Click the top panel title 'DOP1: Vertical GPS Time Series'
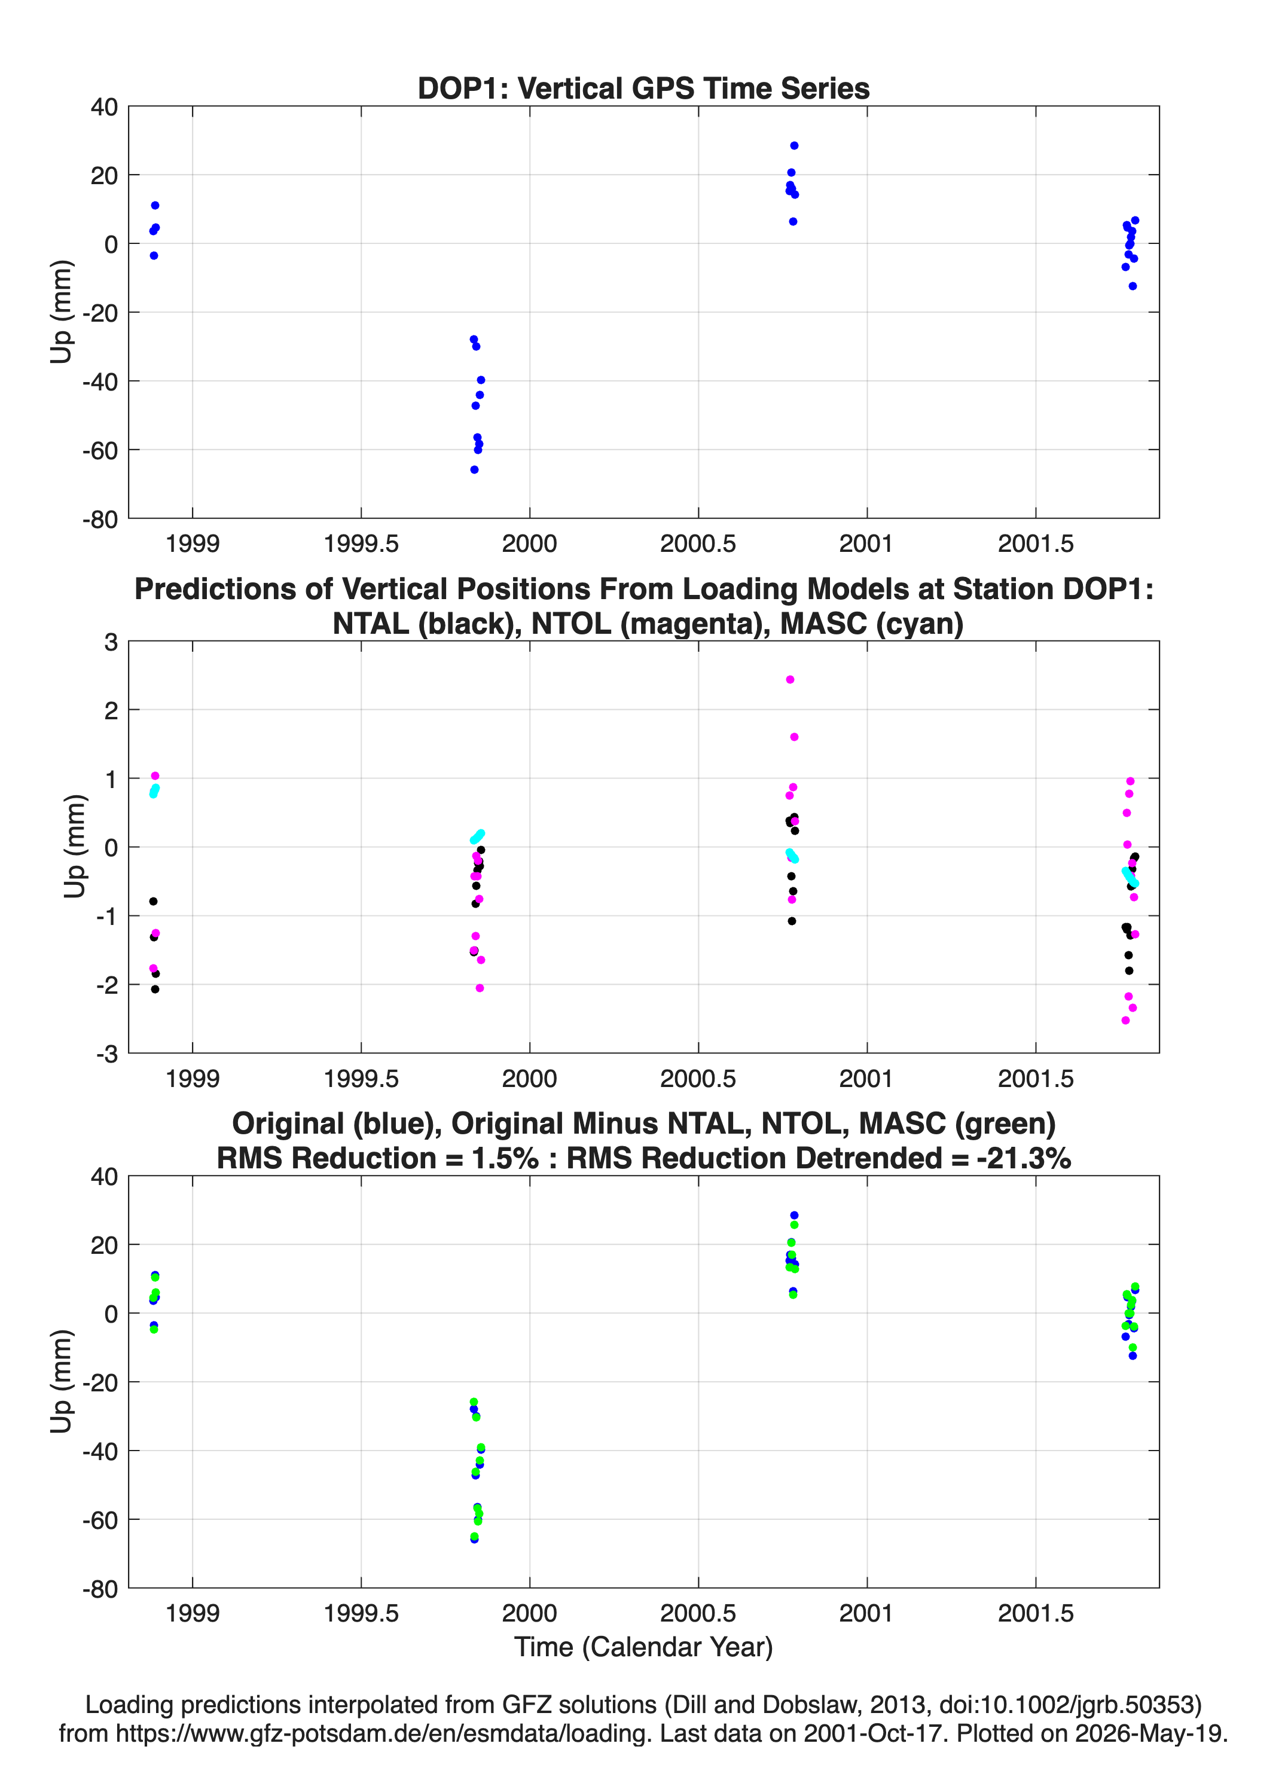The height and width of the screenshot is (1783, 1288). click(643, 88)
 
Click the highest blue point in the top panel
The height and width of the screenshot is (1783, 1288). click(794, 145)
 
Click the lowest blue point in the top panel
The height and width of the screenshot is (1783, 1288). click(474, 469)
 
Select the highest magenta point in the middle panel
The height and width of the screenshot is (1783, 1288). click(790, 679)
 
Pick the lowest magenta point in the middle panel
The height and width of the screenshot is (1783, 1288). click(1125, 1021)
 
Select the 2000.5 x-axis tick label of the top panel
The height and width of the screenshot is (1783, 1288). click(698, 544)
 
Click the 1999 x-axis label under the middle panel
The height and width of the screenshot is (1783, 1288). click(193, 1078)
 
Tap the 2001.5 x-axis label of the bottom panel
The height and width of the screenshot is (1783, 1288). click(1036, 1613)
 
